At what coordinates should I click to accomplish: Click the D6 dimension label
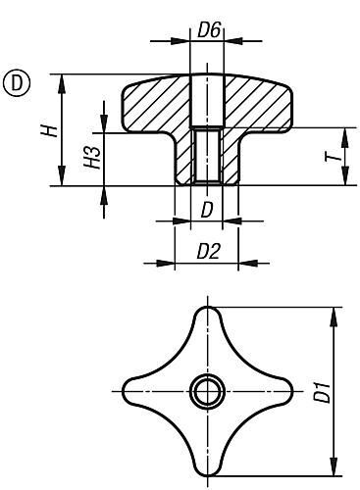pyautogui.click(x=207, y=31)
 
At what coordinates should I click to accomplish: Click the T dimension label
pyautogui.click(x=334, y=157)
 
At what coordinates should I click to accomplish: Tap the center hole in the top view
pyautogui.click(x=206, y=393)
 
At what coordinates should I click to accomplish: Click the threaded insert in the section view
pyautogui.click(x=206, y=157)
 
